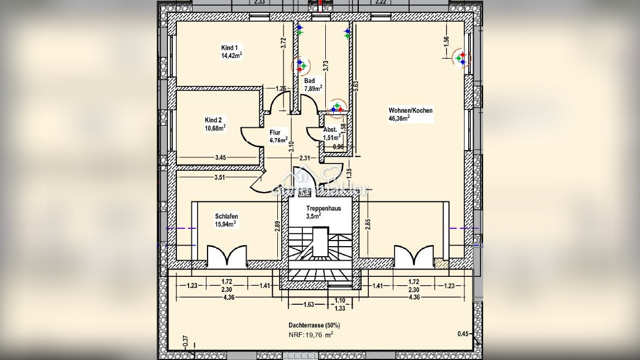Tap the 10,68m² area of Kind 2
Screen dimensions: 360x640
click(x=215, y=128)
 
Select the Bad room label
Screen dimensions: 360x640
click(x=309, y=81)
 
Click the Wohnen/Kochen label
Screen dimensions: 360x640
click(x=410, y=111)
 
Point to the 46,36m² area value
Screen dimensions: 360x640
click(x=400, y=118)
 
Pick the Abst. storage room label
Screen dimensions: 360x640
click(x=330, y=130)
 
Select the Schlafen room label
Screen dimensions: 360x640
click(x=227, y=217)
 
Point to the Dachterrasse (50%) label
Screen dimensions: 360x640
click(x=314, y=325)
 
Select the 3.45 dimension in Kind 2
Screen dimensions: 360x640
click(x=220, y=158)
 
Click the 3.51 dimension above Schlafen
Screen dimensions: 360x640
click(x=221, y=178)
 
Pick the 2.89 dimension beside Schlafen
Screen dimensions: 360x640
click(x=277, y=226)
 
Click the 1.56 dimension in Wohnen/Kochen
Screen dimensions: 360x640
click(x=446, y=42)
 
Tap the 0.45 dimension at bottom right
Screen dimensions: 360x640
click(x=463, y=334)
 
